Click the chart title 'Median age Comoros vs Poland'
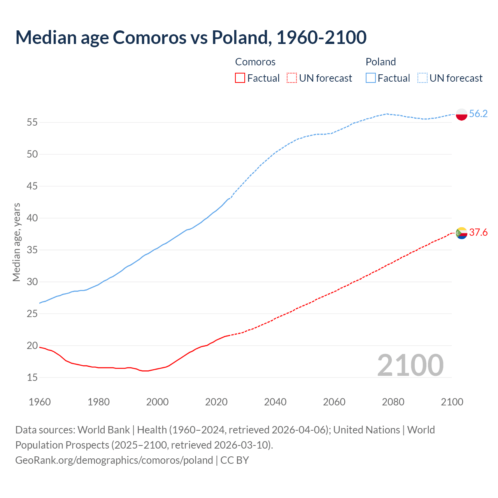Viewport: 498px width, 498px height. coord(191,37)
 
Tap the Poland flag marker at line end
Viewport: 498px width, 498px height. coord(461,114)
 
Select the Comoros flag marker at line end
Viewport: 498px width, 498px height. coord(461,233)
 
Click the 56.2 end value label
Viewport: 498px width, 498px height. coord(478,114)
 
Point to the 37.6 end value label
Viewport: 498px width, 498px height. coord(478,232)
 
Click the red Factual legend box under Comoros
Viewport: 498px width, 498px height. coord(240,78)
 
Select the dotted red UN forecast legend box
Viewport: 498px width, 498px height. coord(292,78)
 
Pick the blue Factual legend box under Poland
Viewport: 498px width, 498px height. coord(370,78)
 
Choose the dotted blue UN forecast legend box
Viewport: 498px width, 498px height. coord(422,78)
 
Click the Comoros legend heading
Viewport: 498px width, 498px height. coord(255,62)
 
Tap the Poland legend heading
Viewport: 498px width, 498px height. coord(381,62)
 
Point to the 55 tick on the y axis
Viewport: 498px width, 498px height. coord(32,123)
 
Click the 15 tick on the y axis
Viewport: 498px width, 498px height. coord(32,377)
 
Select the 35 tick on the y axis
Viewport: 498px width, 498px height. coord(32,250)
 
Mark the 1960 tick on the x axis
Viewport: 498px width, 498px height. coord(40,402)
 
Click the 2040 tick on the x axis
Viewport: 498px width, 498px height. coord(275,402)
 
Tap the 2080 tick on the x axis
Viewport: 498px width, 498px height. coord(393,402)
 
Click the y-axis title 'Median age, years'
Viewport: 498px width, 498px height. coord(16,242)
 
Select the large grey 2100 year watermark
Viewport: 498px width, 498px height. coord(410,365)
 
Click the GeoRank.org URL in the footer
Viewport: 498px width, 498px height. coord(114,460)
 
